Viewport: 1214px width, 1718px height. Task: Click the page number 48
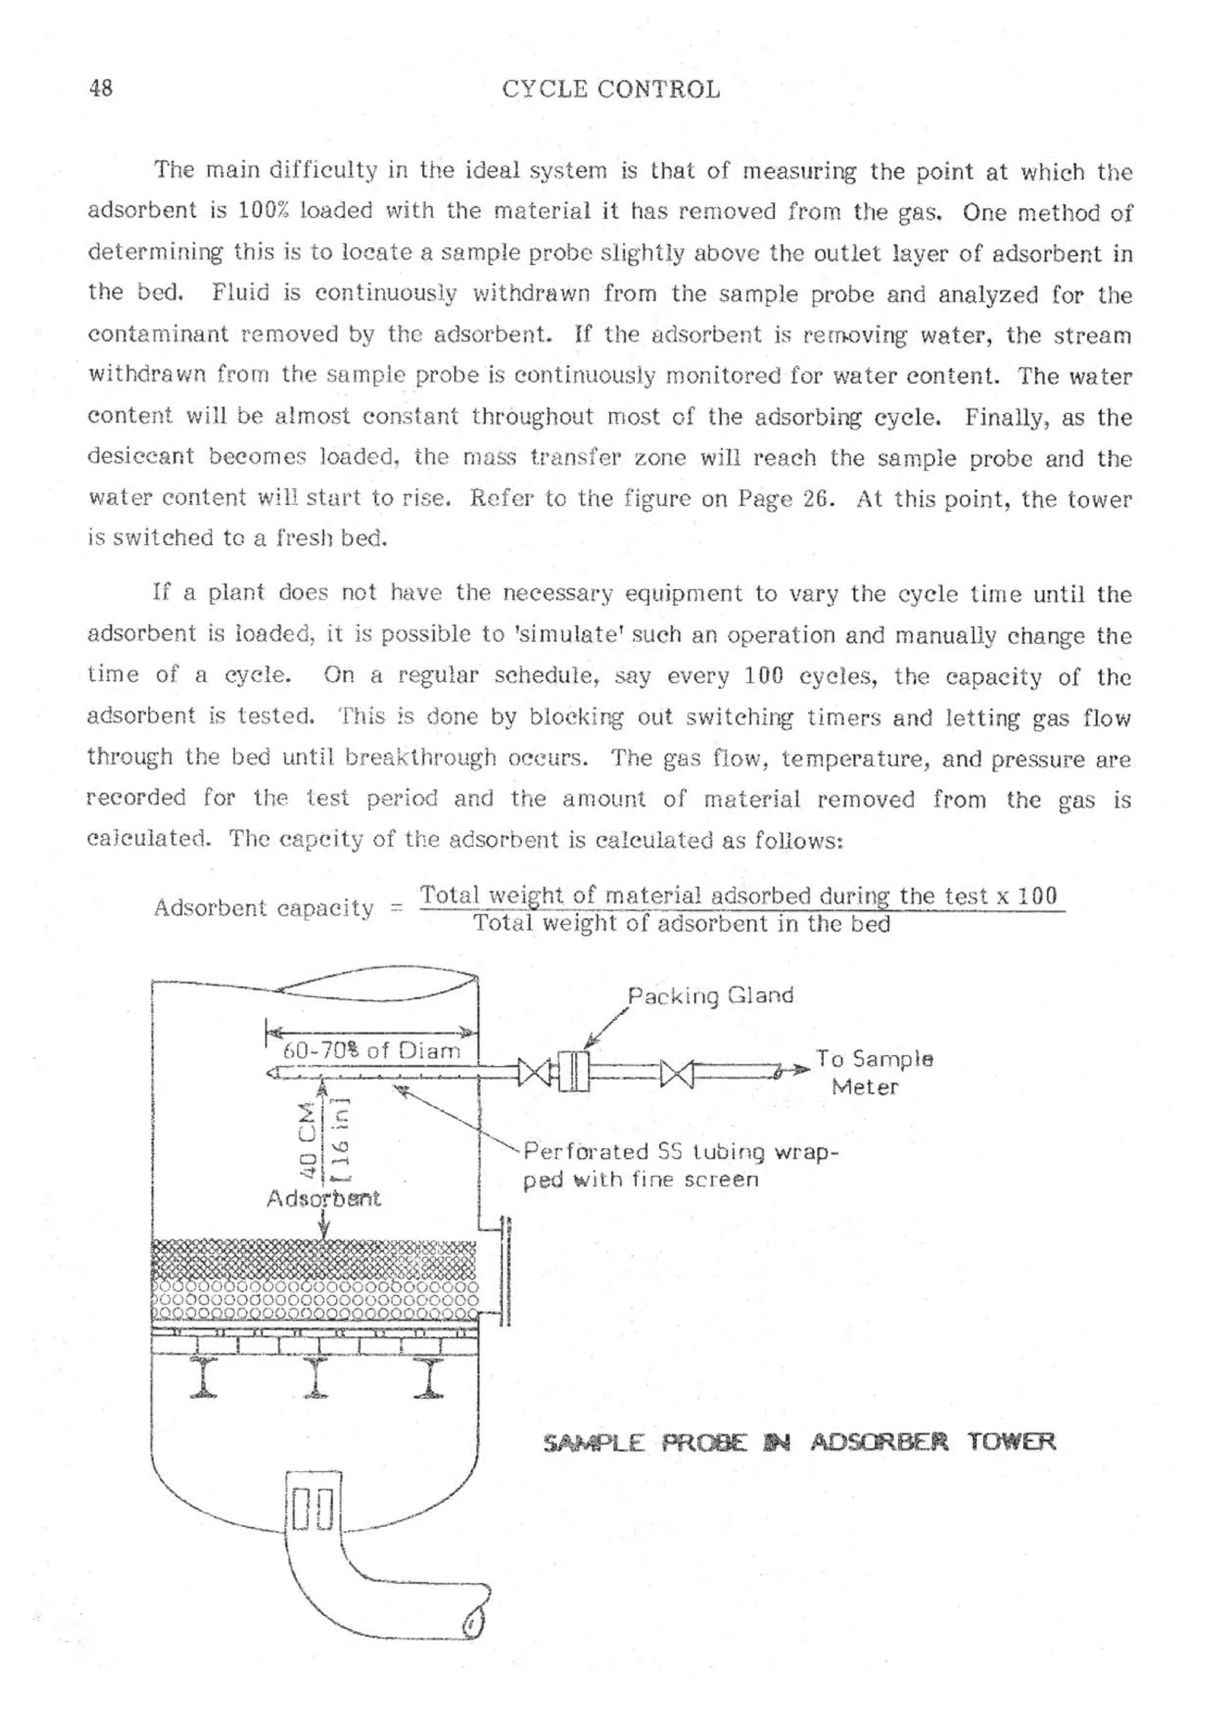101,88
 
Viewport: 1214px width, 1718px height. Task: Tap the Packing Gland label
710,996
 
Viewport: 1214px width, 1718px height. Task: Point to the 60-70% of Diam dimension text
371,1051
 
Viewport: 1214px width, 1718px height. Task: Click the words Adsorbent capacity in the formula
263,909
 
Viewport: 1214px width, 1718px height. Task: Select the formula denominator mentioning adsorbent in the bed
682,924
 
